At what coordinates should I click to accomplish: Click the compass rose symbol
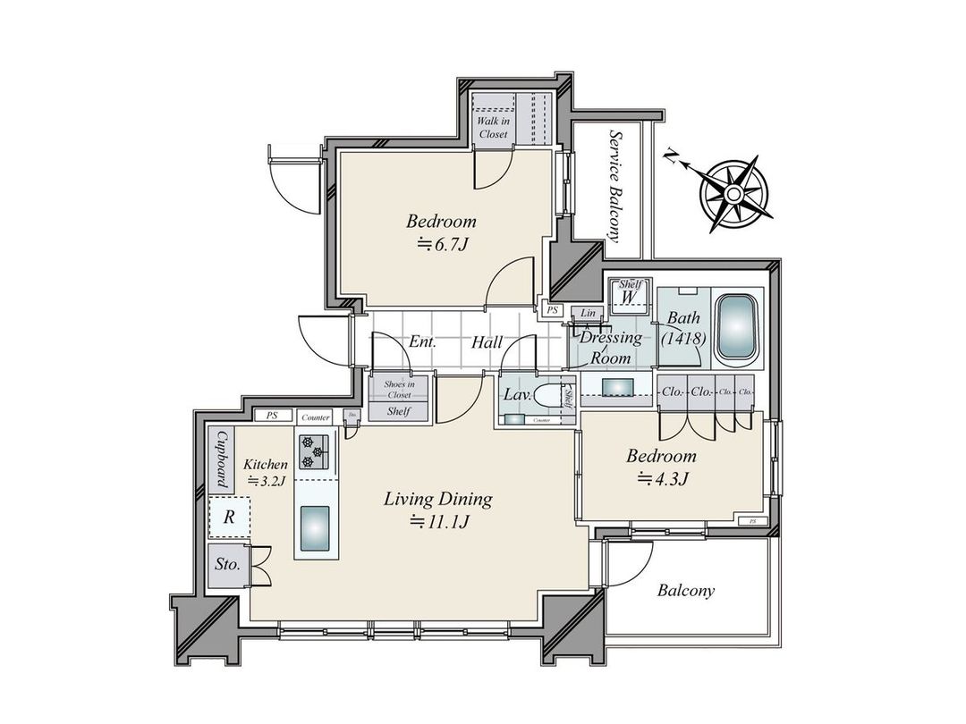(733, 193)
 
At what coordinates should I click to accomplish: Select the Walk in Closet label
(491, 127)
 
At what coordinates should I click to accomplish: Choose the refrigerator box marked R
(229, 517)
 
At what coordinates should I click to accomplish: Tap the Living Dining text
(437, 499)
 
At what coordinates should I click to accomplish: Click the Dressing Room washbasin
(615, 387)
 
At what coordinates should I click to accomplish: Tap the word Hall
(487, 341)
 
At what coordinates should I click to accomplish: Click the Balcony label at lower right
(685, 591)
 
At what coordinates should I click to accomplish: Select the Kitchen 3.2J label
(265, 472)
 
